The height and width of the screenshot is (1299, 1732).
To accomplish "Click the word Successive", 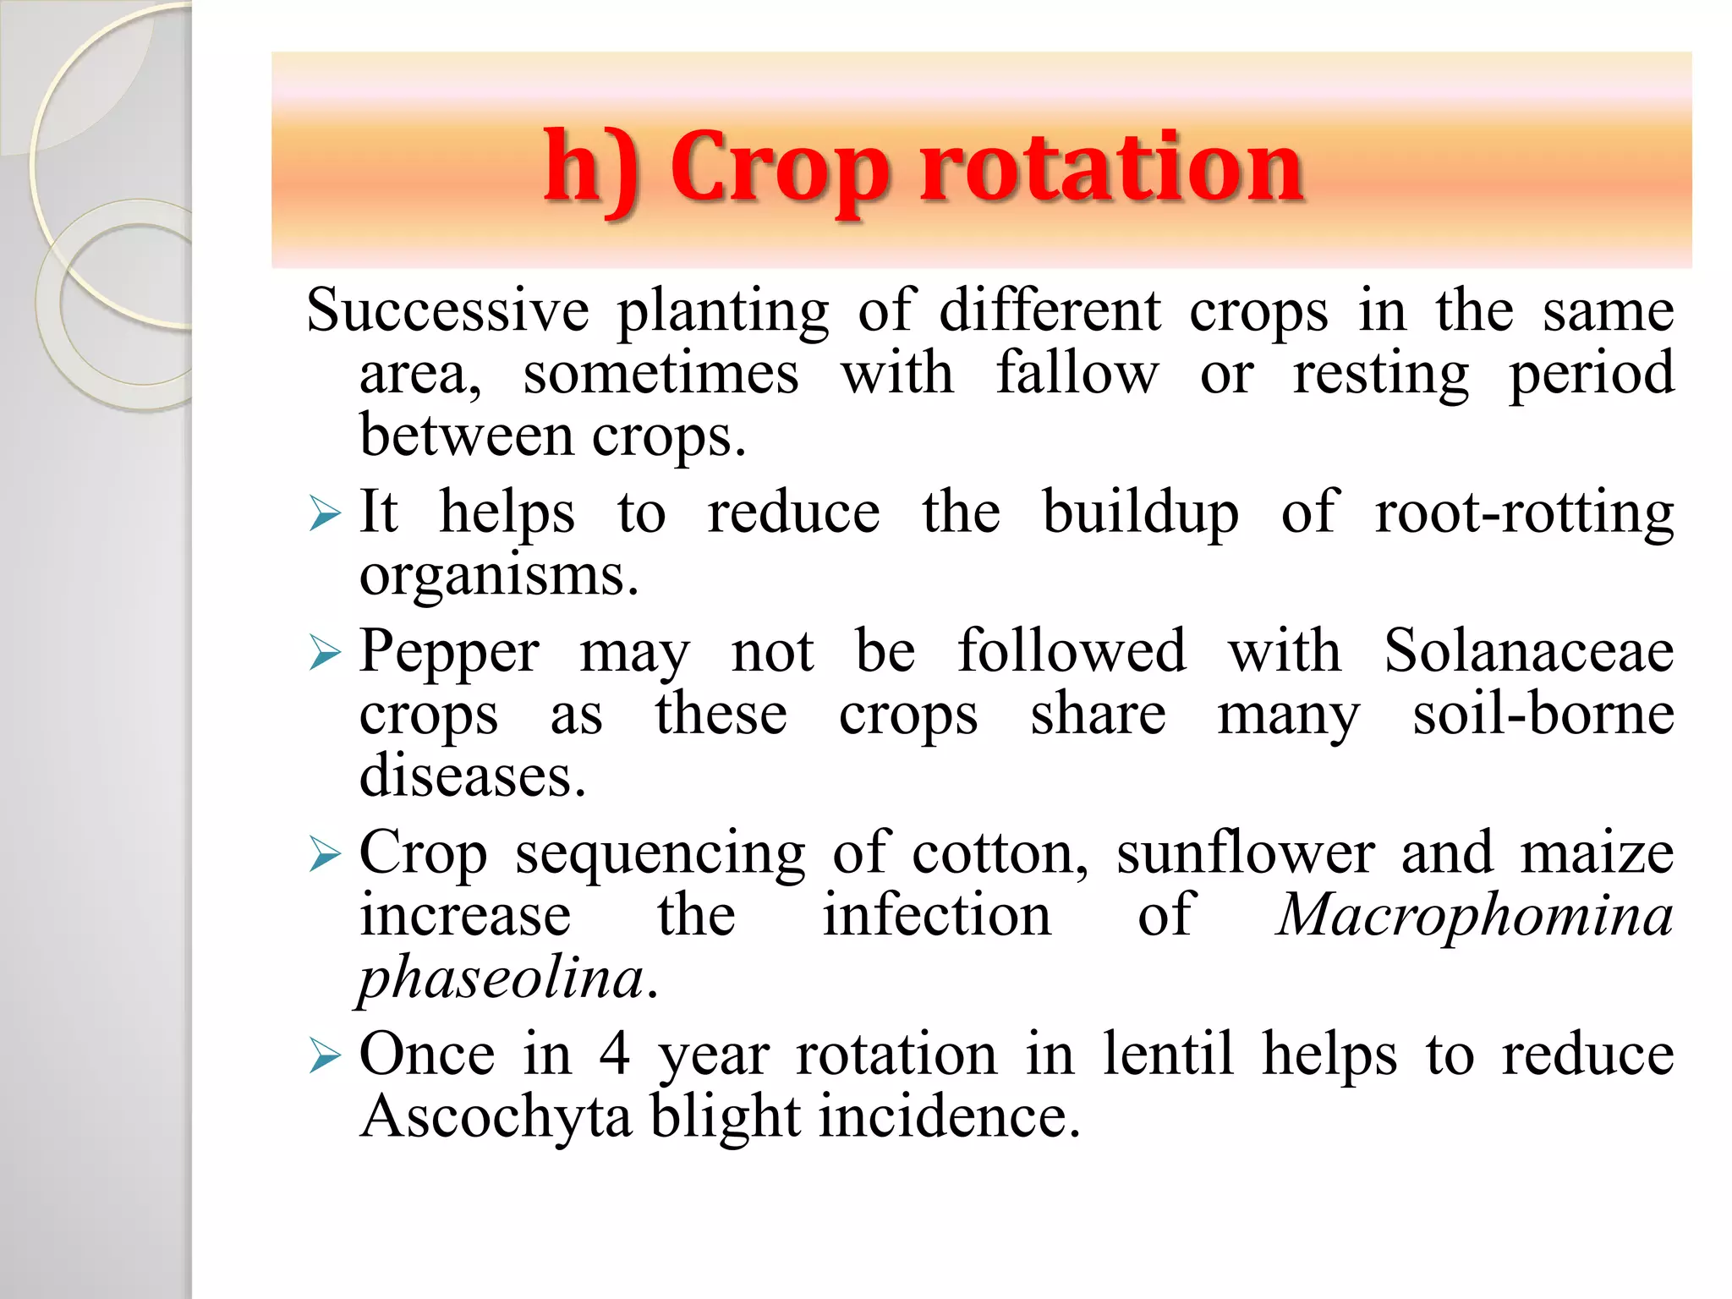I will [447, 310].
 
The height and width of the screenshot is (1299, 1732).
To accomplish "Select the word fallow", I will [1077, 374].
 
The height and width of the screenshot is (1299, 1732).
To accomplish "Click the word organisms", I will [498, 577].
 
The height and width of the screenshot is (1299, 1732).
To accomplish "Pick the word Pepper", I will [449, 653].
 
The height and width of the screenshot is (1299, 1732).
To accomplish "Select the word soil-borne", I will [1543, 715].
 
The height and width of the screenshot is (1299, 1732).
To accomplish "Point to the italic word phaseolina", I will [502, 979].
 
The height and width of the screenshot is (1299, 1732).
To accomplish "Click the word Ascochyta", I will [496, 1118].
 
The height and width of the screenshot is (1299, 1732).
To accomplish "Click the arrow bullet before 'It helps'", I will [325, 513].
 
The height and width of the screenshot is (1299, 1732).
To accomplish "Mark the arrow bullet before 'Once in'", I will [325, 1055].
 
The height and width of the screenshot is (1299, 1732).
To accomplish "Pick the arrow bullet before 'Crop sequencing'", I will [325, 853].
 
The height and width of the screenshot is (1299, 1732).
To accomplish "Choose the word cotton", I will [1000, 854].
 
